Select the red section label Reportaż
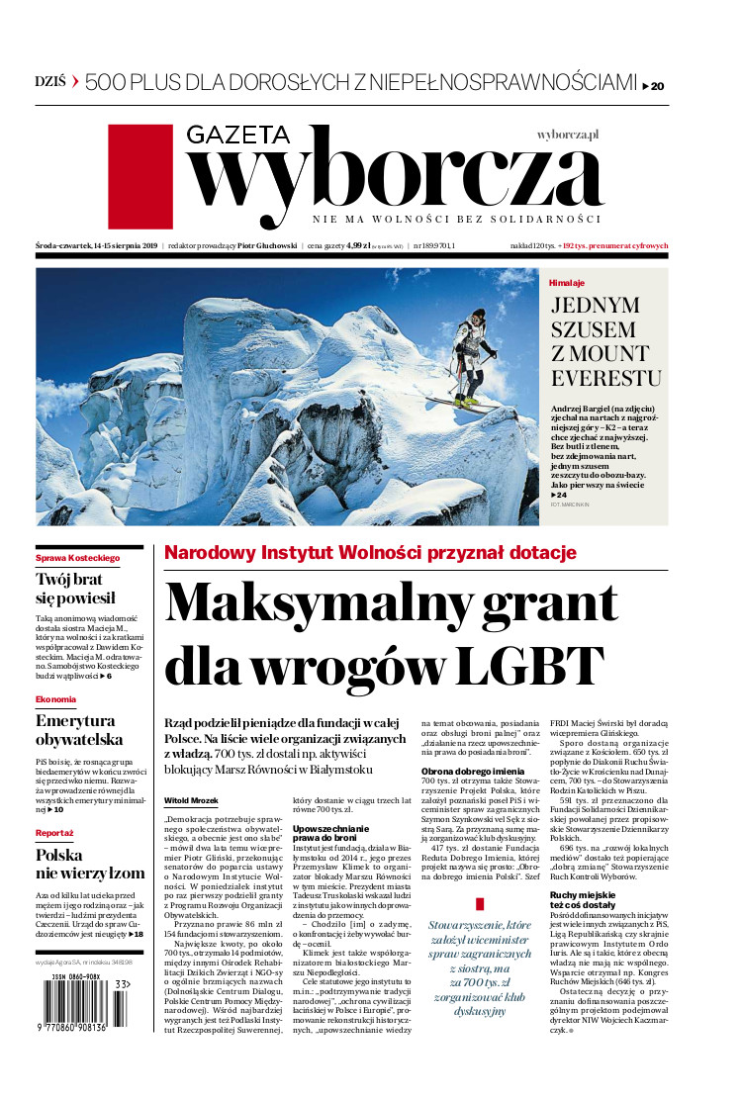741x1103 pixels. pyautogui.click(x=54, y=833)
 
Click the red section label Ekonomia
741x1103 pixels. pyautogui.click(x=55, y=699)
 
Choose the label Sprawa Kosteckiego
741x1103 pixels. pyautogui.click(x=77, y=557)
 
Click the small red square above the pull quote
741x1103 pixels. pyautogui.click(x=480, y=903)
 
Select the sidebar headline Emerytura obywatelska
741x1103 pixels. pyautogui.click(x=79, y=729)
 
